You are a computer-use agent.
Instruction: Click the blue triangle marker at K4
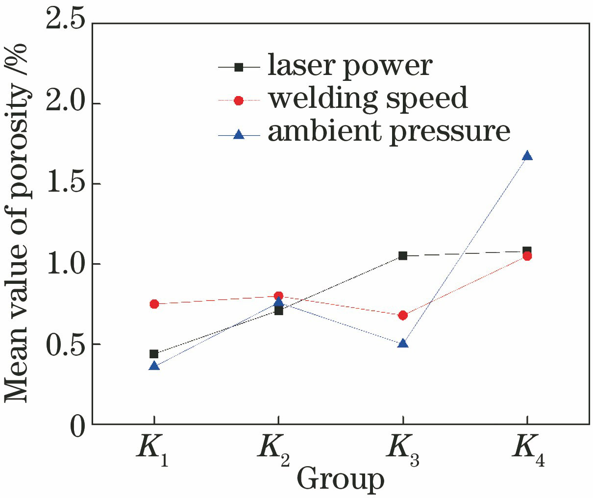[527, 156]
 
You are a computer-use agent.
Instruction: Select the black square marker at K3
[402, 255]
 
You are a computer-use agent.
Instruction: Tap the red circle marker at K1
[154, 304]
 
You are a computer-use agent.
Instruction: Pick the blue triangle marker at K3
[402, 343]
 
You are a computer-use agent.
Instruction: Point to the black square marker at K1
[154, 354]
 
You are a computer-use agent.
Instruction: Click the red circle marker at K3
[402, 315]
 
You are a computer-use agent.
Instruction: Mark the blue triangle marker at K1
[154, 366]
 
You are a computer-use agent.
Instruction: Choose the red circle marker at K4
[527, 256]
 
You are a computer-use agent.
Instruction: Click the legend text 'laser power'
[349, 66]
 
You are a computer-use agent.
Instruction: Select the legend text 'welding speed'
[368, 99]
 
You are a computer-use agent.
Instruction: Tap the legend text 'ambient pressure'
[389, 131]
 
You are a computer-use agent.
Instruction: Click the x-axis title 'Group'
[340, 479]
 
